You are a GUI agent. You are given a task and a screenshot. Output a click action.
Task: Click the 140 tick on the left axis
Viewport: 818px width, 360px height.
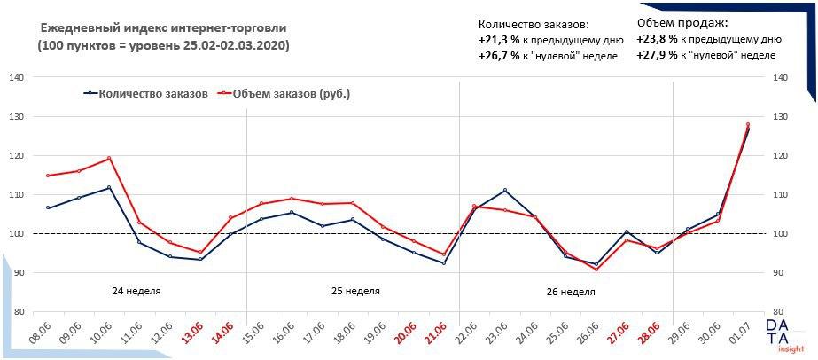16,78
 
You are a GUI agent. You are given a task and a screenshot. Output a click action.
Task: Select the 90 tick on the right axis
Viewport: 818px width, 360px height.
780,273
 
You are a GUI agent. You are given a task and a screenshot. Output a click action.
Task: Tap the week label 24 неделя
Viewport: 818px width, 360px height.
136,291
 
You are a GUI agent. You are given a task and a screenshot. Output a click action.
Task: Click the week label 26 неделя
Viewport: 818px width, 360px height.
571,291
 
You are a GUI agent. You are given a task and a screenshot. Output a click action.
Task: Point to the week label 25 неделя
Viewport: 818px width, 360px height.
355,291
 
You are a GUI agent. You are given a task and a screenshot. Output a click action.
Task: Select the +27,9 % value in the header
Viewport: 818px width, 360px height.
658,55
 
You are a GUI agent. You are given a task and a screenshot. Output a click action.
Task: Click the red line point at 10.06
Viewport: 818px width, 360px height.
109,159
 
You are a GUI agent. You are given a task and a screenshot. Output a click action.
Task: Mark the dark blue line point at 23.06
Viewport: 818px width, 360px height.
505,190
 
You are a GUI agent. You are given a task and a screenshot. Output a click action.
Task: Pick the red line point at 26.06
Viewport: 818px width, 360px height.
596,269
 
